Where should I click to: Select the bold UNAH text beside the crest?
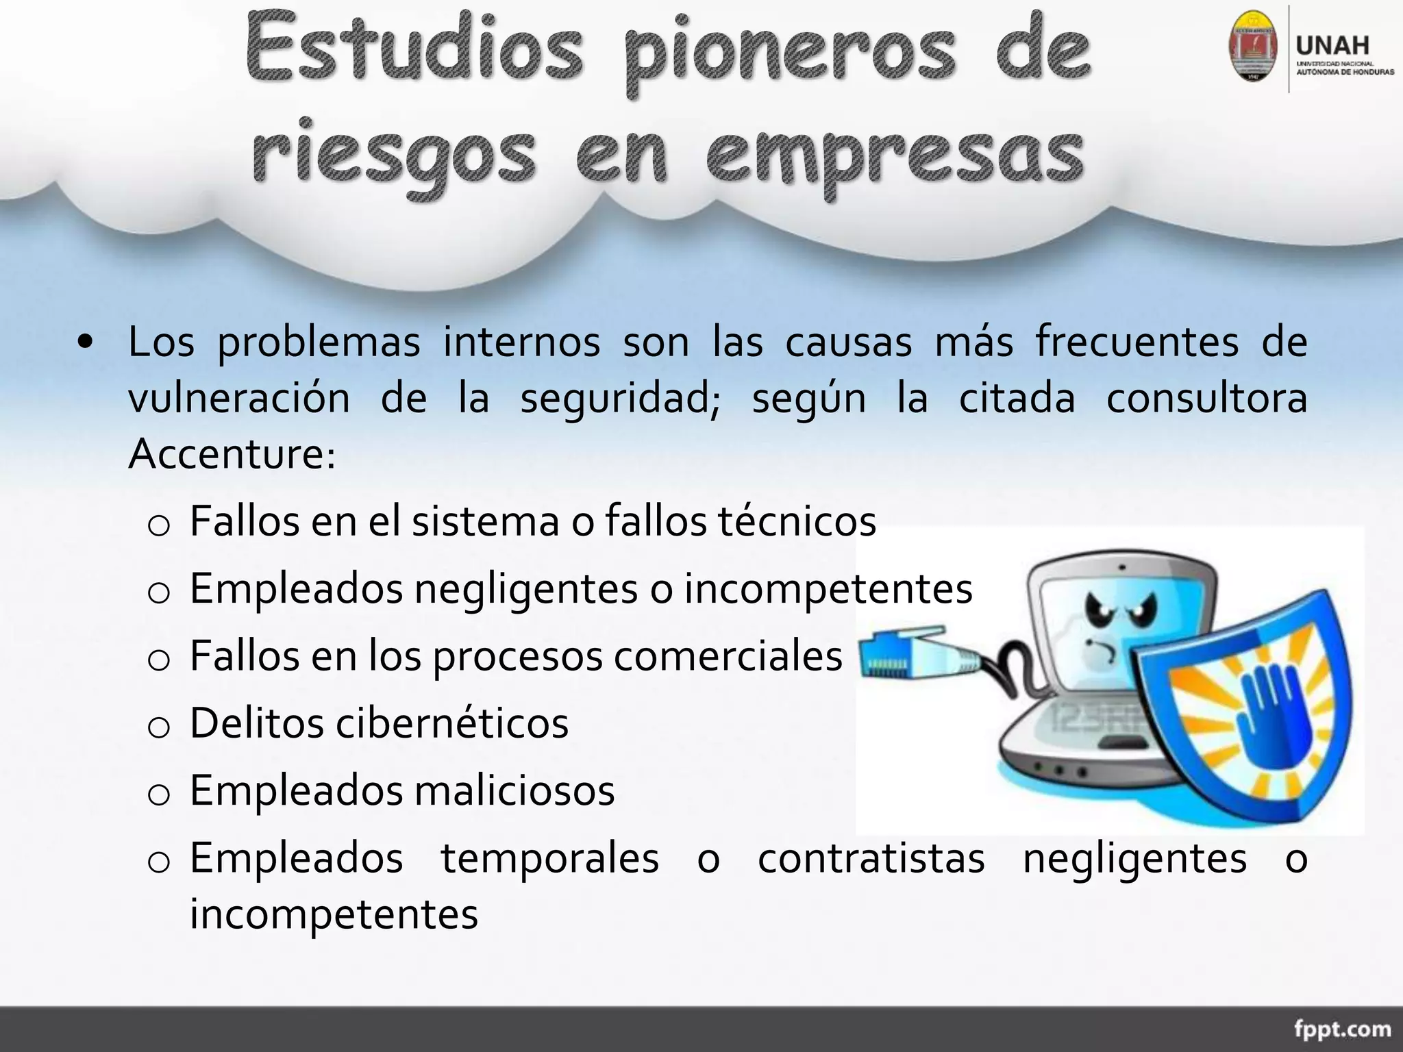1332,47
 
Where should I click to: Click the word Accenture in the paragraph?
231,453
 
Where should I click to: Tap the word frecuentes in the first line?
1137,342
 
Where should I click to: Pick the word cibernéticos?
451,723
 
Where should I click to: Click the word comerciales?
728,656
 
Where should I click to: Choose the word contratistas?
871,859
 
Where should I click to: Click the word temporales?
549,859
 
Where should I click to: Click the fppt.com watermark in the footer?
1342,1029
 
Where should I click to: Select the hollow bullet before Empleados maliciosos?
158,794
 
